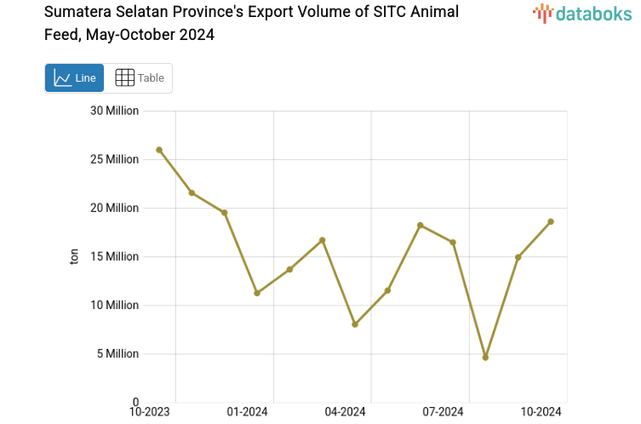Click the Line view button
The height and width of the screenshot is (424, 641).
point(74,78)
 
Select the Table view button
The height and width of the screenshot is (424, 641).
point(139,78)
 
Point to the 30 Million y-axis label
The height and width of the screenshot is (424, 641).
point(114,111)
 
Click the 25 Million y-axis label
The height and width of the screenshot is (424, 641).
point(114,159)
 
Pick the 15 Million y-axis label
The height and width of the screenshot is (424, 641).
point(114,256)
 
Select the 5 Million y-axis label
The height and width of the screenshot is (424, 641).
point(117,353)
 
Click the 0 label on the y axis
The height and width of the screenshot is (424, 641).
point(134,402)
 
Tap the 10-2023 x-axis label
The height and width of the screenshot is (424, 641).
point(149,412)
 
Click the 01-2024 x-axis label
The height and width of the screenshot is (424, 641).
point(247,412)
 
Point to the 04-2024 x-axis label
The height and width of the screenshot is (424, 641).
point(345,412)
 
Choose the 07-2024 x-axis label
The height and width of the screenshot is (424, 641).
point(443,412)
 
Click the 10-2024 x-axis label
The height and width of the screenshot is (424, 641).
point(541,412)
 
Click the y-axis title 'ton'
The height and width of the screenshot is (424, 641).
point(74,256)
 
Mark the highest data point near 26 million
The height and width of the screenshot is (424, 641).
point(159,150)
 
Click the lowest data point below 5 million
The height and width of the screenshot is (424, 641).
point(485,358)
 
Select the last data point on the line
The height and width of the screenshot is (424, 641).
point(551,221)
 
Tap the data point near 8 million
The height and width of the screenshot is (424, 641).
point(355,324)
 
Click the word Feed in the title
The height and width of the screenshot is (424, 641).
point(60,35)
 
